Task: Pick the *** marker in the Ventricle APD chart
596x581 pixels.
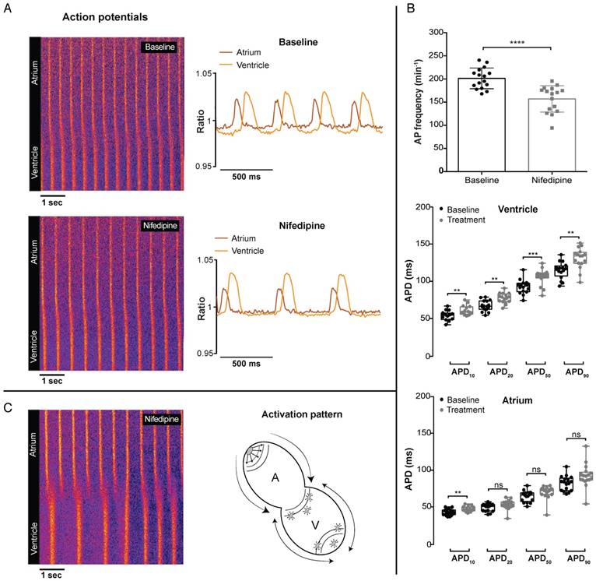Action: (x=533, y=255)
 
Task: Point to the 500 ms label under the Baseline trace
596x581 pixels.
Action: (x=246, y=176)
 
